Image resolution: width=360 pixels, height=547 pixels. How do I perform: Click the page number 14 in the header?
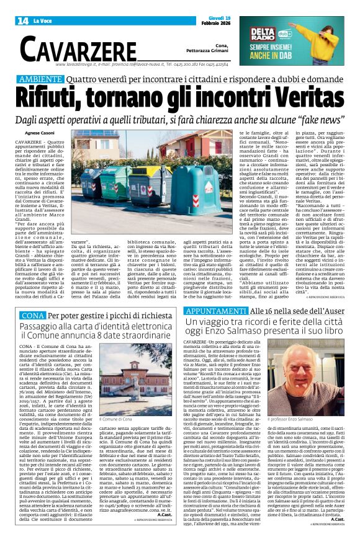21,20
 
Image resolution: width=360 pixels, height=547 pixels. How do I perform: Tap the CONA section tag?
32,316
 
